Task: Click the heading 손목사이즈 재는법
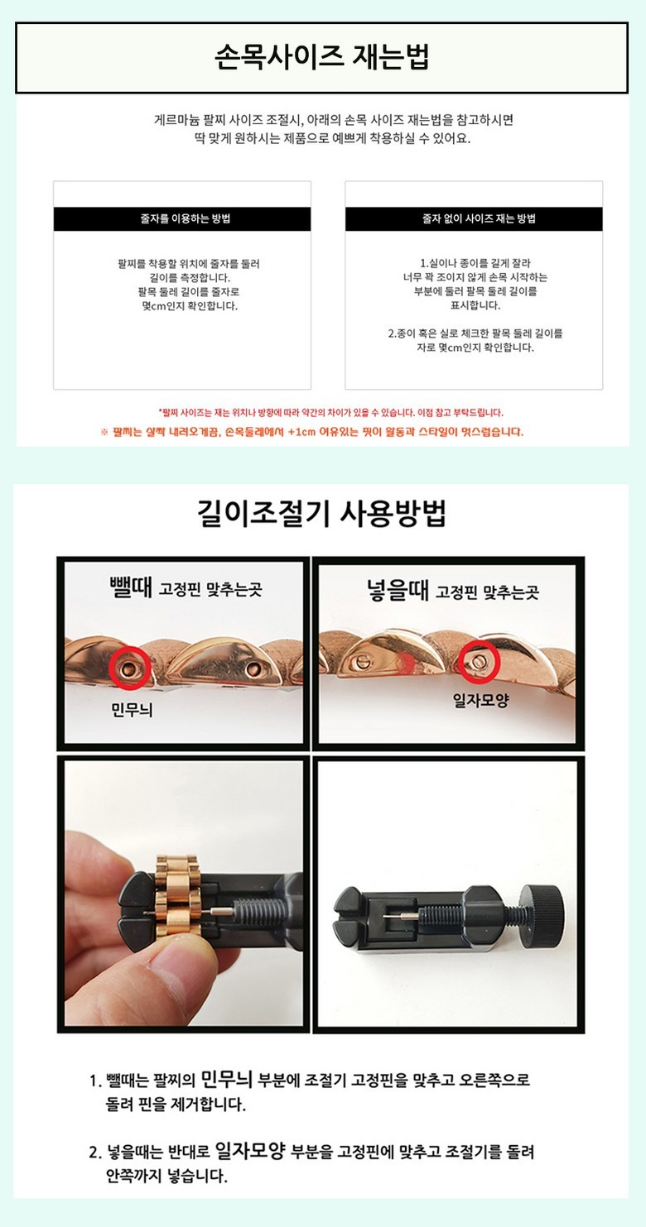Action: pos(322,58)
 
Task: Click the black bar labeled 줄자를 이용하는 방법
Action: pos(182,219)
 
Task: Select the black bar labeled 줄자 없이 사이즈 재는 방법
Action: pos(474,219)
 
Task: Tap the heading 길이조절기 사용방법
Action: pos(322,514)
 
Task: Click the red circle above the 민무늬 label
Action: pos(129,667)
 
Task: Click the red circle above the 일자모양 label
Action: pos(479,662)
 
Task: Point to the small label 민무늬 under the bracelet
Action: pos(132,711)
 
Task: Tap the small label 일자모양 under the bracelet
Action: pos(480,699)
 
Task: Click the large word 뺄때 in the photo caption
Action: pos(131,587)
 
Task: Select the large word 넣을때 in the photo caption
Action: pos(398,590)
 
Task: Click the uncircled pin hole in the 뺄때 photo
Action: pos(253,669)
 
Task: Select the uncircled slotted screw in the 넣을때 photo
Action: pos(361,662)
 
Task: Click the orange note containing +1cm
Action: pos(312,432)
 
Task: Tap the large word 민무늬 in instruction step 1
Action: pos(226,1079)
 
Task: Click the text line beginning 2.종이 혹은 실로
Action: pos(475,333)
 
